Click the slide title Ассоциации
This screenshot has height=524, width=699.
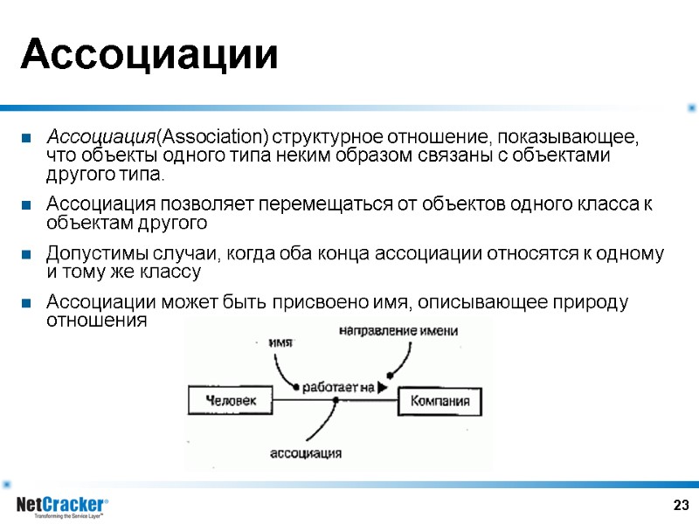pos(149,56)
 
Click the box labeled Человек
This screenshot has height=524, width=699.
pos(231,401)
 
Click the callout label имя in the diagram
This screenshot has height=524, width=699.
pos(280,342)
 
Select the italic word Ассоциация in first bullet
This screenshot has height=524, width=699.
pos(100,138)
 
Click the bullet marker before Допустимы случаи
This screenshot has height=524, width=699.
pos(27,255)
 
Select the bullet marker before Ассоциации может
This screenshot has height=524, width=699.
pos(27,304)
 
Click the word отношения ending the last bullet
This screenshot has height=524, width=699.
pos(97,321)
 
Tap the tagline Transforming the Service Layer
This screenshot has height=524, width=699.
pos(69,516)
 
